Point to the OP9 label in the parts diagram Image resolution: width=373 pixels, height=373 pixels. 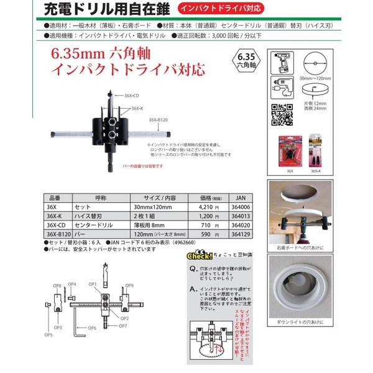(129, 285)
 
